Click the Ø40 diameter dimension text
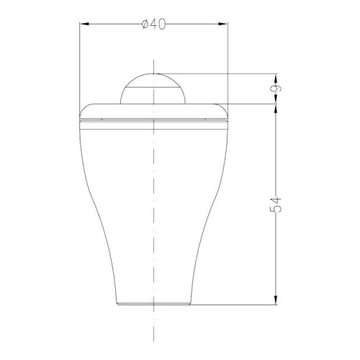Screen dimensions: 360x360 coord(153,24)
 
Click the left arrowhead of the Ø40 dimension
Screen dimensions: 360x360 coord(84,24)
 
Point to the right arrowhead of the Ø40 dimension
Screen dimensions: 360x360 coord(222,24)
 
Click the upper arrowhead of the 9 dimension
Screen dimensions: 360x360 coord(276,78)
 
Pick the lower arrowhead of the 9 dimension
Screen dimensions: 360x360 coord(276,99)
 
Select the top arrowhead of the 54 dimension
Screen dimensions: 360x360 coord(276,109)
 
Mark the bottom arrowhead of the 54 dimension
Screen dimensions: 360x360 coord(276,300)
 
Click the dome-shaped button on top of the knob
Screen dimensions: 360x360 coord(153,89)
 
